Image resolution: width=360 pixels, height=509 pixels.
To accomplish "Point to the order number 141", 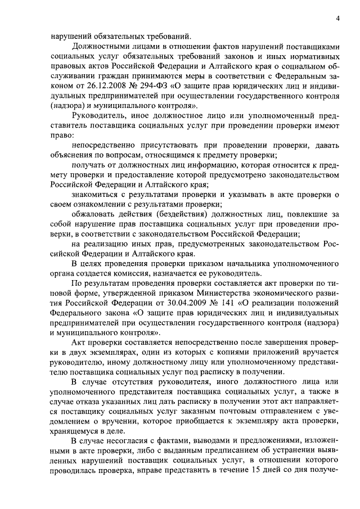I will [x=224, y=301].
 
